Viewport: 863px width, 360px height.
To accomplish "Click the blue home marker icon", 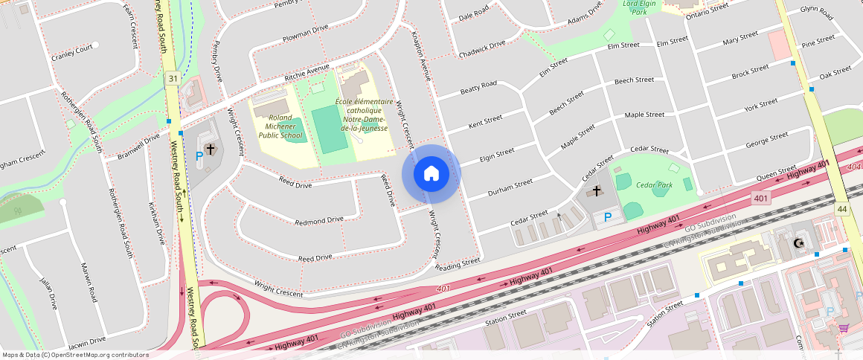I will pos(431,174).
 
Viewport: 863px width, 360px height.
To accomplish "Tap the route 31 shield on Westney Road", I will pos(173,78).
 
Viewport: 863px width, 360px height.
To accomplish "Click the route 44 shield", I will pos(841,210).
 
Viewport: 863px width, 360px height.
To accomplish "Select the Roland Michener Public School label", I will pos(280,126).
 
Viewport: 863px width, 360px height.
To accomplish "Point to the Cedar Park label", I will pos(654,185).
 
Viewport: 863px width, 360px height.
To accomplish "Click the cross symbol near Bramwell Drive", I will pos(211,150).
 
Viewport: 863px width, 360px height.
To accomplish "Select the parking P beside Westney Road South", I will pos(199,156).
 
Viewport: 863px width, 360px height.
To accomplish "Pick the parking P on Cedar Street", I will pos(608,217).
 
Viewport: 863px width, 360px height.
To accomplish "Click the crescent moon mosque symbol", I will pos(800,242).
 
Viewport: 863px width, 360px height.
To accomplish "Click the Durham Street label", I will pos(510,187).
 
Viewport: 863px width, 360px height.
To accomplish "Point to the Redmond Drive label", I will pos(319,220).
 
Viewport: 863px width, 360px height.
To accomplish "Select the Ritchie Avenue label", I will pos(307,74).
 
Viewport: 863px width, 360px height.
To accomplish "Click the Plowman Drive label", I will pos(305,29).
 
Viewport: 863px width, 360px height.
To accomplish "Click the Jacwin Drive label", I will pos(86,344).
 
